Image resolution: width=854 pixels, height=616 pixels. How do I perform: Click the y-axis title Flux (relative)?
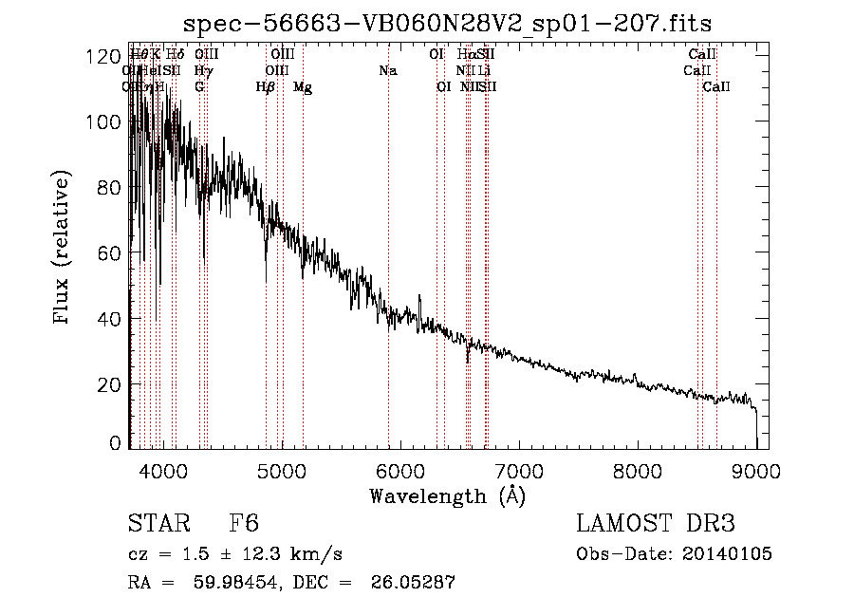tap(63, 250)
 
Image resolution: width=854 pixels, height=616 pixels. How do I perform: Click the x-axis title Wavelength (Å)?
tap(447, 495)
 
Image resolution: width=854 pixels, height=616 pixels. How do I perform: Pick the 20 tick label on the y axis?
tap(110, 384)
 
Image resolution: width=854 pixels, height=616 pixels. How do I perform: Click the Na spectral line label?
tap(387, 70)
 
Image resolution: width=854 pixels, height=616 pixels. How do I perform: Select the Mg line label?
tap(303, 87)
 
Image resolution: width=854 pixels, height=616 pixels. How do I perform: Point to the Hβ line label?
tap(266, 87)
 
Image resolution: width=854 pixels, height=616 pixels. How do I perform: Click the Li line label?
tap(484, 70)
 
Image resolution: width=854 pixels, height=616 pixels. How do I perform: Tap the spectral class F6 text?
tap(245, 524)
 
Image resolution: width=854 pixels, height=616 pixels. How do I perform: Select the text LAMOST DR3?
tap(655, 524)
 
